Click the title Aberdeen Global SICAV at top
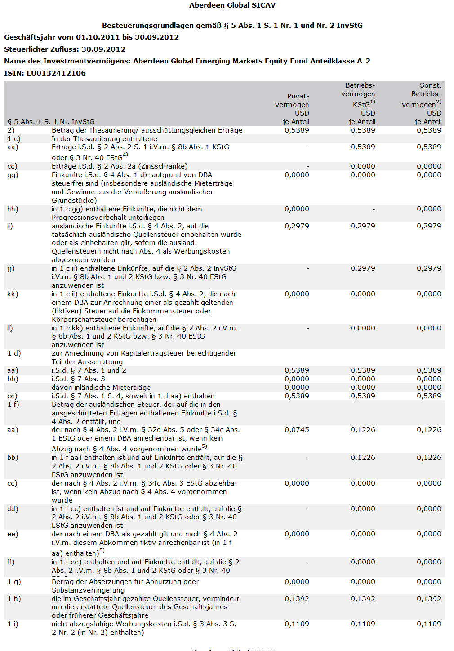[232, 5]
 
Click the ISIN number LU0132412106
[57, 73]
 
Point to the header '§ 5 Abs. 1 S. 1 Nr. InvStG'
[51, 121]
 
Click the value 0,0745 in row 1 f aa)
[297, 430]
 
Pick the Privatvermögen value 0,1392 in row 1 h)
[297, 599]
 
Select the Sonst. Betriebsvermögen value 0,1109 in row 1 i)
[429, 624]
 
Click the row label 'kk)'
[12, 294]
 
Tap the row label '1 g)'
[14, 582]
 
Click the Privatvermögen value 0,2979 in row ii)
[297, 226]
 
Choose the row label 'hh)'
[13, 209]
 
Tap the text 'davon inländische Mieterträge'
[101, 388]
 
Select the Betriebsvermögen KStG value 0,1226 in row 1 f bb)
[363, 458]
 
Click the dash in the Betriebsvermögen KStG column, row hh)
[374, 209]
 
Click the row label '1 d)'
[14, 353]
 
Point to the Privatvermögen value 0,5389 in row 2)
[297, 130]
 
